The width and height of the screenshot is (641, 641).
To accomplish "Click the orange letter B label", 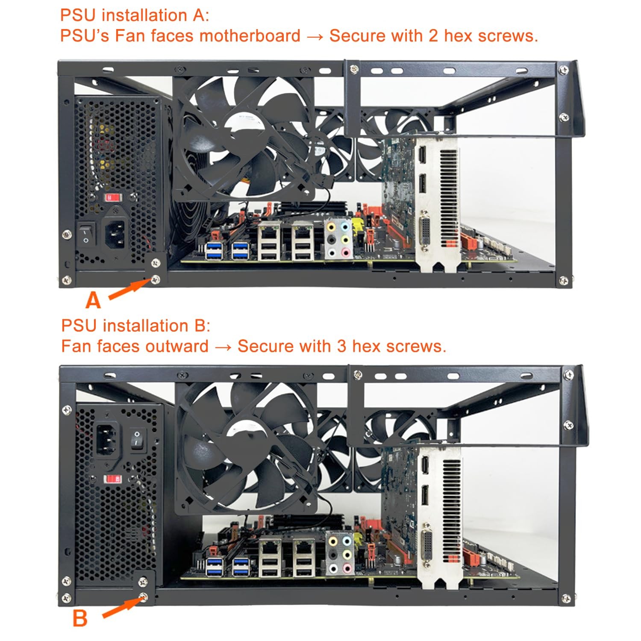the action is click(x=80, y=618).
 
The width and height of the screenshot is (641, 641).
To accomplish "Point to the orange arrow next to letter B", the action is click(x=122, y=607).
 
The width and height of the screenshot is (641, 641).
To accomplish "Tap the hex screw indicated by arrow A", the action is click(x=156, y=280).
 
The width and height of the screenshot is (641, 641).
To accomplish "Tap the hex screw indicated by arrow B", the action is click(x=143, y=597).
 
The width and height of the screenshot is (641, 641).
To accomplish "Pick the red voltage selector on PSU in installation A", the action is click(x=113, y=197).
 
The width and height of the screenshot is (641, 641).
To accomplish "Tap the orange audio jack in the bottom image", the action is click(x=333, y=541).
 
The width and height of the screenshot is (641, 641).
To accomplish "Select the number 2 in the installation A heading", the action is click(x=433, y=36).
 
